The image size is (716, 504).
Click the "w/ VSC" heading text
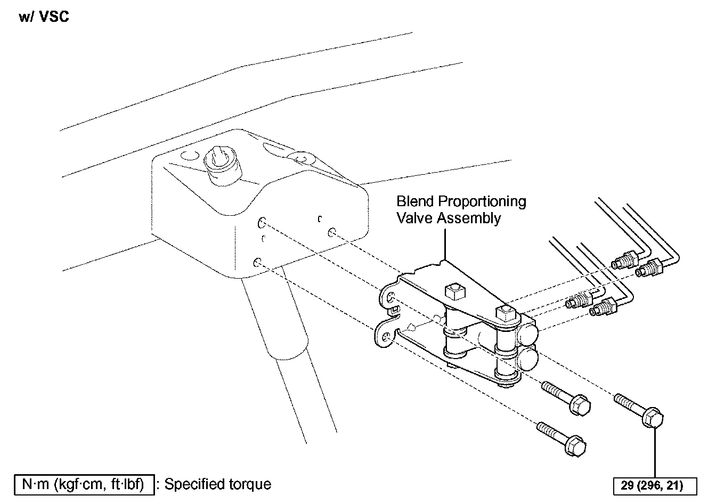pos(44,17)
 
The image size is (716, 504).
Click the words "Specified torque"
pos(217,484)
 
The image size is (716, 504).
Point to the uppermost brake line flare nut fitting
pos(626,261)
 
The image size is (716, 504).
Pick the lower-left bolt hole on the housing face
pos(257,262)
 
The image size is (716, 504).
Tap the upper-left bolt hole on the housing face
pos(262,221)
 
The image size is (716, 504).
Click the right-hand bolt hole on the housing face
pos(332,232)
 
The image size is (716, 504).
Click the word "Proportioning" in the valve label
pos(482,201)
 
